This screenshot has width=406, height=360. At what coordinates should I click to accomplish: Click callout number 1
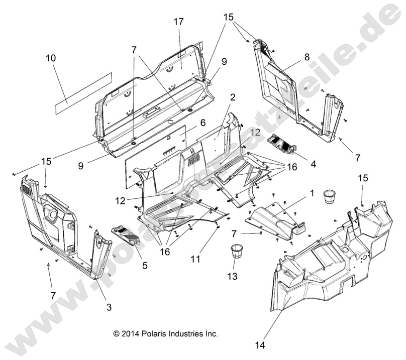coord(312,193)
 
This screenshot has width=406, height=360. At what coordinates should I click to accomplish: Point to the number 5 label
coord(144,265)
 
